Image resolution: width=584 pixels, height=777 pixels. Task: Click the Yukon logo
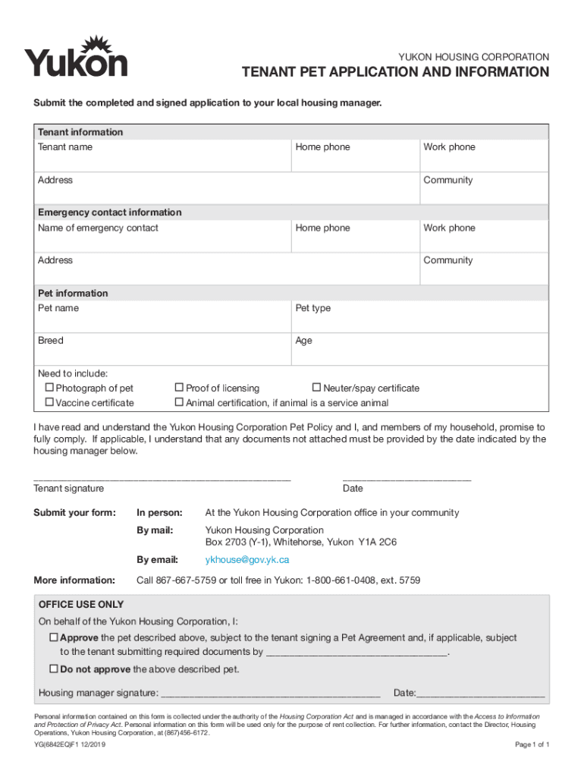[x=76, y=56]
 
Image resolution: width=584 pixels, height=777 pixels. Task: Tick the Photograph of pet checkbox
[x=50, y=388]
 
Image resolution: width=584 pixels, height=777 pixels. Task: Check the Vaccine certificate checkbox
[x=50, y=402]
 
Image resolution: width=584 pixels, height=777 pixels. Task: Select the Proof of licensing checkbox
[x=180, y=388]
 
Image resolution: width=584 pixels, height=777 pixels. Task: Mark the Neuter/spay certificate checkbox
[x=317, y=388]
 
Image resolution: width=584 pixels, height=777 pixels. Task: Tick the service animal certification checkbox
[x=180, y=402]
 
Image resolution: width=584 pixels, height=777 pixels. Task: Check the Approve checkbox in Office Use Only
[x=54, y=638]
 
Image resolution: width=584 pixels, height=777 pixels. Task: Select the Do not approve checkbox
[x=54, y=669]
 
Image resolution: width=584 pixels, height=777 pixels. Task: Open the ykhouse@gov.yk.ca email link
[x=247, y=560]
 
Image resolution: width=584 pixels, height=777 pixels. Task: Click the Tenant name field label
[x=65, y=147]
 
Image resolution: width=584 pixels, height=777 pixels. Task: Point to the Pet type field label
[x=312, y=308]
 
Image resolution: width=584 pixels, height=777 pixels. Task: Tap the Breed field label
[x=51, y=341]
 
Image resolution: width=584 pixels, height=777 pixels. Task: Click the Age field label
[x=303, y=341]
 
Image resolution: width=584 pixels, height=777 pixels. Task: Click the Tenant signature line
[x=162, y=478]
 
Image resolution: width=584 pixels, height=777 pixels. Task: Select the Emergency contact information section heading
[x=110, y=212]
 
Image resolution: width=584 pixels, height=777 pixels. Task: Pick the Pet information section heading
[x=73, y=293]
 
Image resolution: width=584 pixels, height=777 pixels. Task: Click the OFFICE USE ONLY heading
[x=81, y=605]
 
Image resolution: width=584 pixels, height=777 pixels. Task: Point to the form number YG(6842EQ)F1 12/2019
[x=71, y=745]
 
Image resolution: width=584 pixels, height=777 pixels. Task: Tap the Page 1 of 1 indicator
[x=532, y=745]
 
